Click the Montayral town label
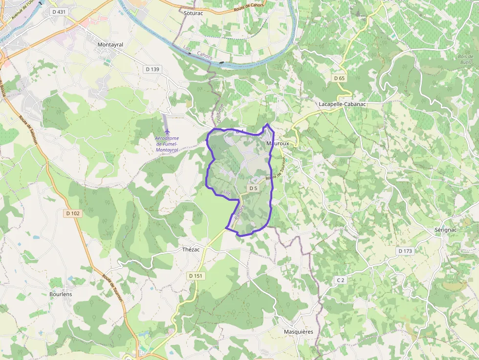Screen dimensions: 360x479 [110, 44]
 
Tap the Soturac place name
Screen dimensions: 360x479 [193, 13]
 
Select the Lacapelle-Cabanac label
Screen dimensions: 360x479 [342, 105]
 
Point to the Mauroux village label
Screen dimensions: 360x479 [278, 144]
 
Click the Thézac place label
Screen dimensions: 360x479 [191, 250]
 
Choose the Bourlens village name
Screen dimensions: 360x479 [61, 294]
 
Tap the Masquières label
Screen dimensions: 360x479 [298, 332]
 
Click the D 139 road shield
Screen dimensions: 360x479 [152, 69]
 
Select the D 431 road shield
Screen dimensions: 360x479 [58, 11]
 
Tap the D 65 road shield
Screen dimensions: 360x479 [339, 78]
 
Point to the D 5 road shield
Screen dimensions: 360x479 [253, 188]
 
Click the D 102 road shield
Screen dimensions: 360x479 [72, 213]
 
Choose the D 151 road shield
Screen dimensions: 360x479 [195, 276]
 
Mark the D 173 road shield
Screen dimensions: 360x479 [405, 251]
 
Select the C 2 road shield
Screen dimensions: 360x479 [341, 280]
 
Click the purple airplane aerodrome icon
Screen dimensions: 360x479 [168, 131]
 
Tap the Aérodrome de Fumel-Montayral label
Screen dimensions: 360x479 [167, 144]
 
